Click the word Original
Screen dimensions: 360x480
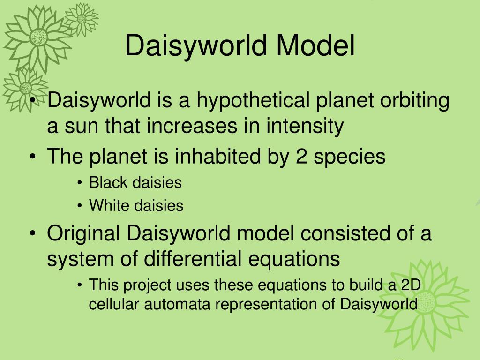83,233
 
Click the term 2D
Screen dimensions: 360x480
412,285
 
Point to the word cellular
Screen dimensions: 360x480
114,304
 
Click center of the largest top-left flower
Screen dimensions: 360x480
38,36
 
